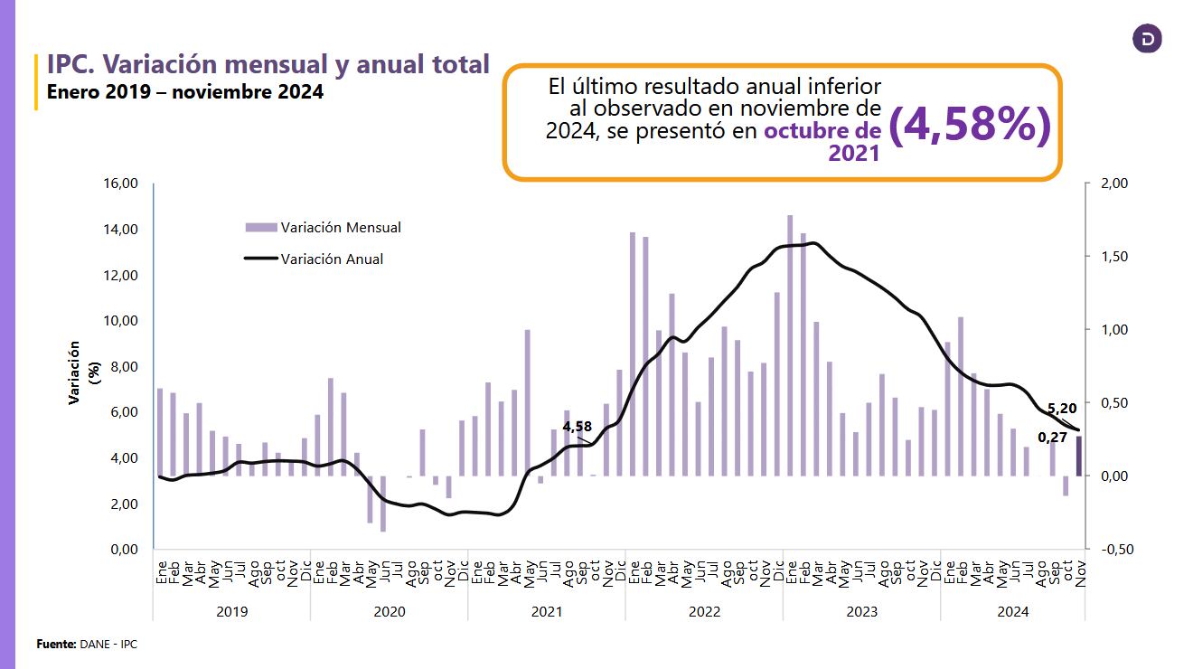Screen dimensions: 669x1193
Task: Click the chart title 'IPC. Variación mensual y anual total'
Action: tap(268, 64)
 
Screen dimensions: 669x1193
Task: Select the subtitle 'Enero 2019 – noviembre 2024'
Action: tap(184, 91)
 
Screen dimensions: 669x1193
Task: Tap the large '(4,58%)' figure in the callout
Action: tap(970, 127)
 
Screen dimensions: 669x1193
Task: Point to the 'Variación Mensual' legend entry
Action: tap(340, 228)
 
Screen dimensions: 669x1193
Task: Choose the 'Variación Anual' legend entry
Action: tap(332, 259)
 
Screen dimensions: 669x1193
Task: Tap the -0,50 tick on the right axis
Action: tap(1114, 549)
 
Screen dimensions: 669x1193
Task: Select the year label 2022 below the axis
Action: tap(704, 611)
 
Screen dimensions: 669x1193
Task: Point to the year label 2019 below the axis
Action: tap(232, 611)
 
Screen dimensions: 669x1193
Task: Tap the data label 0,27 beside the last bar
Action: tap(1051, 438)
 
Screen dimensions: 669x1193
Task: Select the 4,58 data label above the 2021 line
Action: tap(577, 426)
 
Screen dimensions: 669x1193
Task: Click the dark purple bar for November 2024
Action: tap(1078, 457)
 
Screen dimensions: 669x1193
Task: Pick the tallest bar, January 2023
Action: tap(790, 344)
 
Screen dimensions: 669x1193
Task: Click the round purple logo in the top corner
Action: tap(1147, 39)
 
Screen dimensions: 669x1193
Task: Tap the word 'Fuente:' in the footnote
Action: tap(56, 644)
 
